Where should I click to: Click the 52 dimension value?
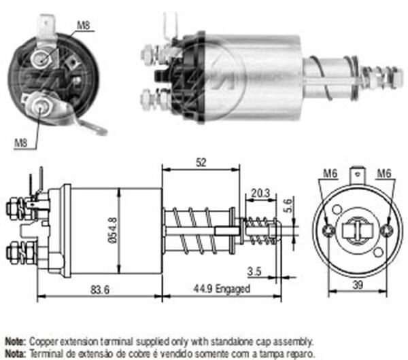(x=201, y=163)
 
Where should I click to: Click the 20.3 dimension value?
(x=260, y=193)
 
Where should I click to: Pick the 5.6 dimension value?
(x=288, y=204)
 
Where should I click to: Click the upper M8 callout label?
(x=83, y=26)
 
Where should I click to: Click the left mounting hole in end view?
(x=329, y=231)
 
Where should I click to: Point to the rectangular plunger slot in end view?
(x=357, y=231)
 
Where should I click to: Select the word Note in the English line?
(x=14, y=340)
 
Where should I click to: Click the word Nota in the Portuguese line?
(x=14, y=353)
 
